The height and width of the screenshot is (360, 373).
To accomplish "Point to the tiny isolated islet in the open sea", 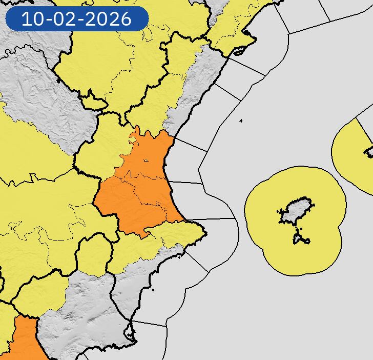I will coord(241,121).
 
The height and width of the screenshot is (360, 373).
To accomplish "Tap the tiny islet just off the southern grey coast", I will coord(153,291).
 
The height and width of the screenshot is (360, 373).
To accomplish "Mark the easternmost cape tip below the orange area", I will coord(206,235).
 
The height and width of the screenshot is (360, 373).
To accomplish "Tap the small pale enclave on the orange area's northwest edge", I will coord(134,137).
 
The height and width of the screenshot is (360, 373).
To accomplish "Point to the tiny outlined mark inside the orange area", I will coord(146,161).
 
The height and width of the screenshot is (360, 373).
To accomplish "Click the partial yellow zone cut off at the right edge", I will coord(354,154).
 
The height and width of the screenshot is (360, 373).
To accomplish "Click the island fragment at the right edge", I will coord(369,152).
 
